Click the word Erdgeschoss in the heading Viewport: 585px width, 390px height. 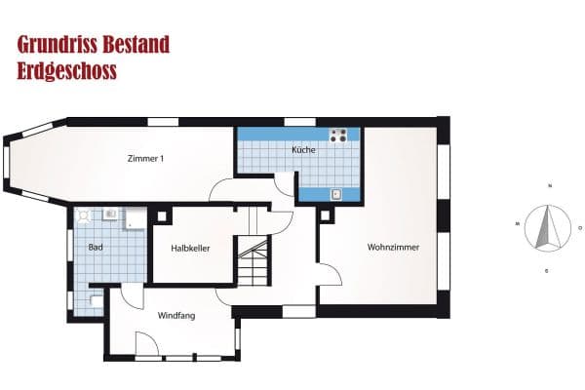click(x=67, y=71)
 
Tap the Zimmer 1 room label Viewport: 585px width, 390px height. click(x=145, y=159)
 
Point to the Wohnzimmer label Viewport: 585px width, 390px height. click(x=393, y=248)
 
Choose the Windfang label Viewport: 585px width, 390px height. click(x=176, y=315)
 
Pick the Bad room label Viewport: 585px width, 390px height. click(x=96, y=248)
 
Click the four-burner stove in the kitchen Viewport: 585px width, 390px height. click(x=339, y=136)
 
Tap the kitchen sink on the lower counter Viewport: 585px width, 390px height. click(x=336, y=194)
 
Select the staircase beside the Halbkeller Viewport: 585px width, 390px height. click(x=255, y=260)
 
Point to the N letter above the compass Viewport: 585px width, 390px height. click(x=551, y=185)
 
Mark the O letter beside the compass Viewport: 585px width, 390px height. click(x=580, y=229)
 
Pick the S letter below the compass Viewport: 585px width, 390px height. click(x=546, y=269)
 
